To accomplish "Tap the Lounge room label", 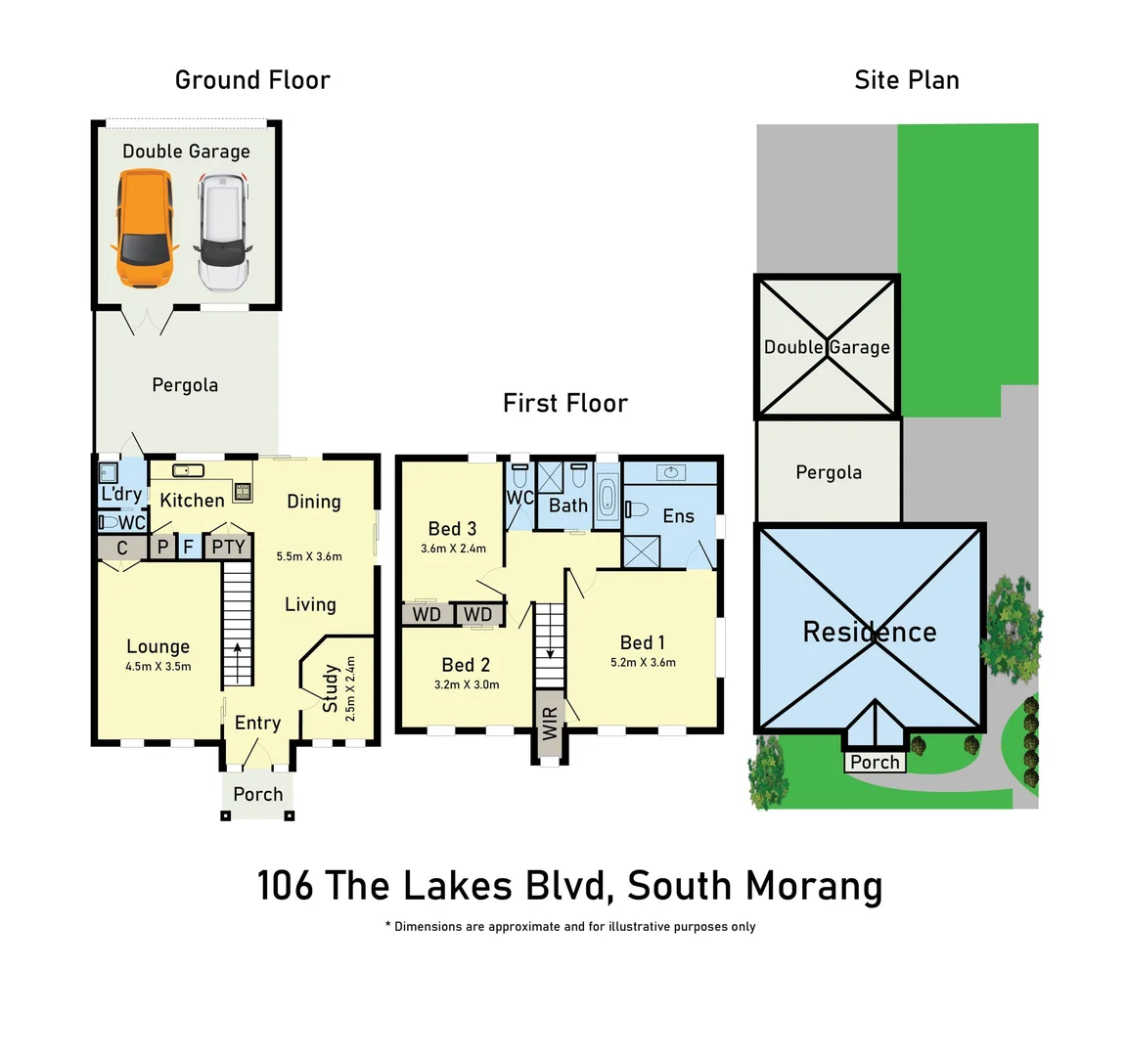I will click(158, 646).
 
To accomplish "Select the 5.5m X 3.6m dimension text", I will click(309, 556).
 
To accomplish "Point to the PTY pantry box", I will click(228, 547).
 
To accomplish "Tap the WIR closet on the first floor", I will click(550, 724).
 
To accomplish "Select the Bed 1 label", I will click(643, 642).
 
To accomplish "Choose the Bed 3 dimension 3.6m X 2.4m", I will click(453, 549).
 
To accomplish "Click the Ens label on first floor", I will click(678, 516).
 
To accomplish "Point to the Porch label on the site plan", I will click(875, 763).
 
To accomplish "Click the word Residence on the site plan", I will click(869, 633).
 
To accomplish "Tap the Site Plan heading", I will click(906, 80).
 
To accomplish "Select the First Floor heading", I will click(564, 403).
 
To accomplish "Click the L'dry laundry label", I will click(121, 495).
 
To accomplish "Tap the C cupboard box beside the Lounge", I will click(122, 548).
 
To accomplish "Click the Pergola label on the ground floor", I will click(185, 385).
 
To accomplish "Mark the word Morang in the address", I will click(814, 886).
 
